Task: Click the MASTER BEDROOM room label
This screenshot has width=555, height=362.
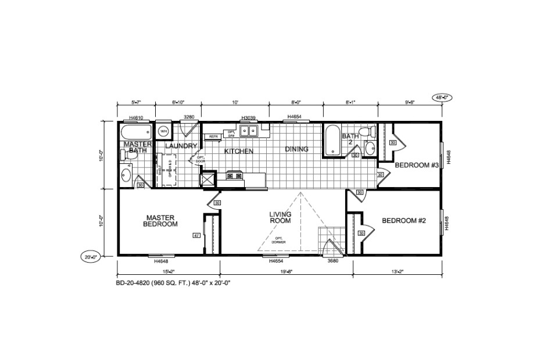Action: pos(160,221)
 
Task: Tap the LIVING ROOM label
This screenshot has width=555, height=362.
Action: pos(280,217)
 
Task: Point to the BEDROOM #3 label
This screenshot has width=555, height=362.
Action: pos(416,165)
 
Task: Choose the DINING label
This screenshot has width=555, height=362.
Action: pos(296,149)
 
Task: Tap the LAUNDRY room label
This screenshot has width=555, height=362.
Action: pos(181,146)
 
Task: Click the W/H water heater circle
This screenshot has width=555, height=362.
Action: pos(164,131)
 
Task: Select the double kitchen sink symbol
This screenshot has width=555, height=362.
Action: pos(250,131)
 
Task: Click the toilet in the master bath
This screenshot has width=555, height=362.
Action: pos(126,155)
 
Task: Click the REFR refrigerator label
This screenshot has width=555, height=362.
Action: pos(213,137)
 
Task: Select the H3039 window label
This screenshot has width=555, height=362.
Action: pos(249,117)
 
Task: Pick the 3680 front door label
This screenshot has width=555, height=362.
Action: pos(332,261)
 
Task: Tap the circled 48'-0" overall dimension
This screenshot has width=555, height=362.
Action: pos(440,97)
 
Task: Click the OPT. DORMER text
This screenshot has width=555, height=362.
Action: pos(279,239)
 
